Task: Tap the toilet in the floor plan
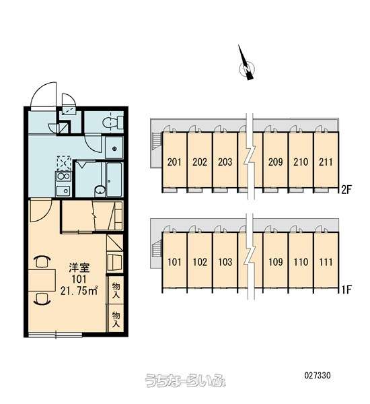113,122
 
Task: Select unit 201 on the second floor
174,162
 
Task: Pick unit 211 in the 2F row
326,162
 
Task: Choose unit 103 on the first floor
225,262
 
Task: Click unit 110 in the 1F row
301,262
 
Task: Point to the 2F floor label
346,190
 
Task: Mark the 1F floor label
346,290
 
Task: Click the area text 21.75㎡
79,291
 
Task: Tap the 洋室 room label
79,268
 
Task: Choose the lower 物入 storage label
116,320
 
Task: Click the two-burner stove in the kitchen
63,176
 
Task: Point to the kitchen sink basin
63,191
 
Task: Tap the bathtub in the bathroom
114,179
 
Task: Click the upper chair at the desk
42,261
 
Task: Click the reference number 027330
318,375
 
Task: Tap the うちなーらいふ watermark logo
185,380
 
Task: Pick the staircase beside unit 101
156,250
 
